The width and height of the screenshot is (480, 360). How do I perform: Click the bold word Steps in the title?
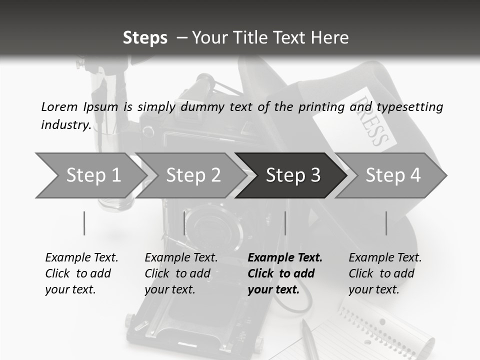(x=145, y=38)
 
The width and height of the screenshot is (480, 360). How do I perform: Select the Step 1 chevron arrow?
(x=91, y=175)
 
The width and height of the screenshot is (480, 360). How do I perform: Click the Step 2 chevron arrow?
(x=191, y=175)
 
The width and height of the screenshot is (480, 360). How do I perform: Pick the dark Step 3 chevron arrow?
(x=291, y=175)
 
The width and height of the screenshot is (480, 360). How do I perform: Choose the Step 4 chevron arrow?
(x=390, y=175)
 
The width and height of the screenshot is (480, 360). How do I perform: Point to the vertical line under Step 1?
(x=84, y=223)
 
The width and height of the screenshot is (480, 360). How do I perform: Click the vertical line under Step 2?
(x=184, y=223)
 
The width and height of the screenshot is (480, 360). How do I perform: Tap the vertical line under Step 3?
(x=285, y=223)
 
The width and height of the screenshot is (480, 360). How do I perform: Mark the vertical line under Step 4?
(x=386, y=223)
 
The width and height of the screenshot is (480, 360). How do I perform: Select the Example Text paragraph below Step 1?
(x=81, y=273)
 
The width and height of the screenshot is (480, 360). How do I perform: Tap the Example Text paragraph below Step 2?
(x=181, y=273)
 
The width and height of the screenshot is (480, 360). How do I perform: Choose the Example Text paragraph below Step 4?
(x=385, y=273)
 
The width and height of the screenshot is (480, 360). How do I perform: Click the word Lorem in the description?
(x=59, y=107)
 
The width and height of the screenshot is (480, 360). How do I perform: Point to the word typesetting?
(x=410, y=107)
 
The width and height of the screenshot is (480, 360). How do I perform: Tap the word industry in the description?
(x=66, y=125)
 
